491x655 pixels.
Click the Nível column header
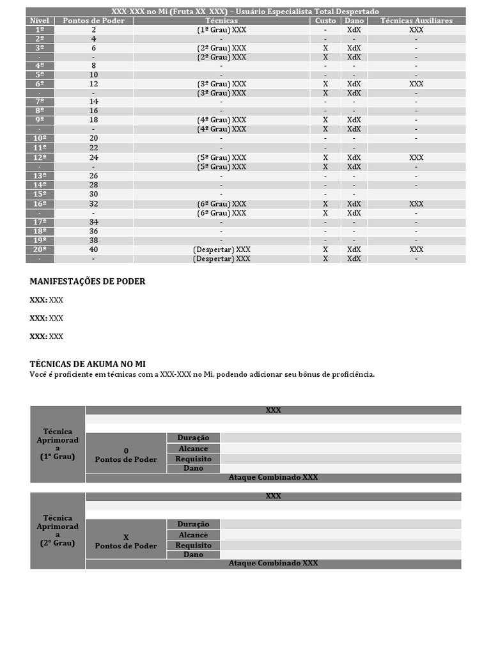coord(40,20)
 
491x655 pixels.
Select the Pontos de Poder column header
coord(94,20)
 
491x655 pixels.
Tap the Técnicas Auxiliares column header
coord(416,20)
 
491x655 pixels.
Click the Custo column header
coord(325,20)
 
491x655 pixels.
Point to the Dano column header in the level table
coord(354,20)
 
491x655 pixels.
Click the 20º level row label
coord(40,249)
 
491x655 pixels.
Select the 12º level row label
coord(40,157)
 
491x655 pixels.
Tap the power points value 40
coord(94,249)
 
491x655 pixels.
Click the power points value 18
coord(94,120)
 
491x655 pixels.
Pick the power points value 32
coord(94,203)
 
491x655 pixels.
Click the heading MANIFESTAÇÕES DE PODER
coord(88,281)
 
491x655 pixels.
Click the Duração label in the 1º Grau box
coord(193,438)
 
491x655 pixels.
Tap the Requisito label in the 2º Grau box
coord(193,545)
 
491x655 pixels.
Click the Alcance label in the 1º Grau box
coord(193,448)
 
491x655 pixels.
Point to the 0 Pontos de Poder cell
coord(126,455)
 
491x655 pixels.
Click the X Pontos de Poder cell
coord(126,541)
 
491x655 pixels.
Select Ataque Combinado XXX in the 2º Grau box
coord(273,564)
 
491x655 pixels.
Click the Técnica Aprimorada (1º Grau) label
coord(58,444)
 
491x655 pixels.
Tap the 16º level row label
coord(40,203)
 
